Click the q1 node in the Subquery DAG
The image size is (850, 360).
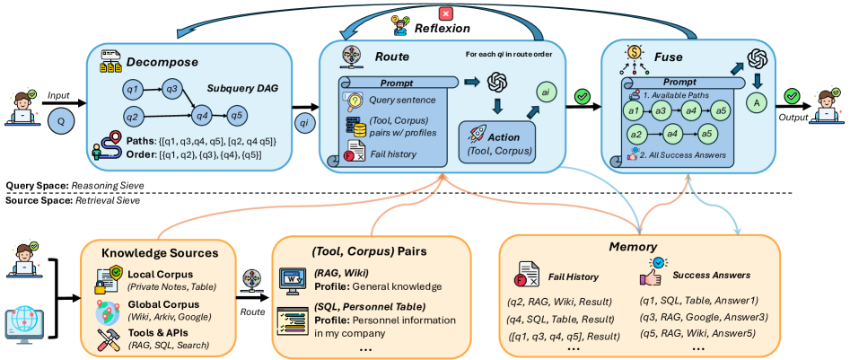133,89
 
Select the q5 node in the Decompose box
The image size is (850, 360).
237,115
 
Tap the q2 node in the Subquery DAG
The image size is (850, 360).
133,115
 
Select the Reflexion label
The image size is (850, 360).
439,29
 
